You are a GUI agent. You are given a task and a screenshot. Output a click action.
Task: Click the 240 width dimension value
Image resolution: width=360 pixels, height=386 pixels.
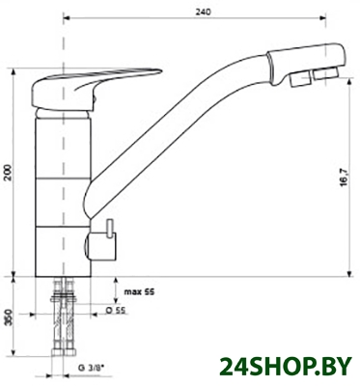tap(203, 12)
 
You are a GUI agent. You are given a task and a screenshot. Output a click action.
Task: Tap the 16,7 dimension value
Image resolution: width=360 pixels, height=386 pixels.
tap(343, 178)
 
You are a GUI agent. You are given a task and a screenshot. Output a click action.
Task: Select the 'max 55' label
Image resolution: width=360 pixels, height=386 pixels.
tap(139, 291)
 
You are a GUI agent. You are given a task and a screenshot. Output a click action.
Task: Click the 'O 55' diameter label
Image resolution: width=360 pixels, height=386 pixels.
tap(115, 310)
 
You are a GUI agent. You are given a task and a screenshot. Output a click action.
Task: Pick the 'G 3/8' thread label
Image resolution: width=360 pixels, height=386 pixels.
tap(92, 368)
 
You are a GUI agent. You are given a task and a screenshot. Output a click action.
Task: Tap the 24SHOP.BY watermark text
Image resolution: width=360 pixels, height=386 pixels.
tap(285, 367)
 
